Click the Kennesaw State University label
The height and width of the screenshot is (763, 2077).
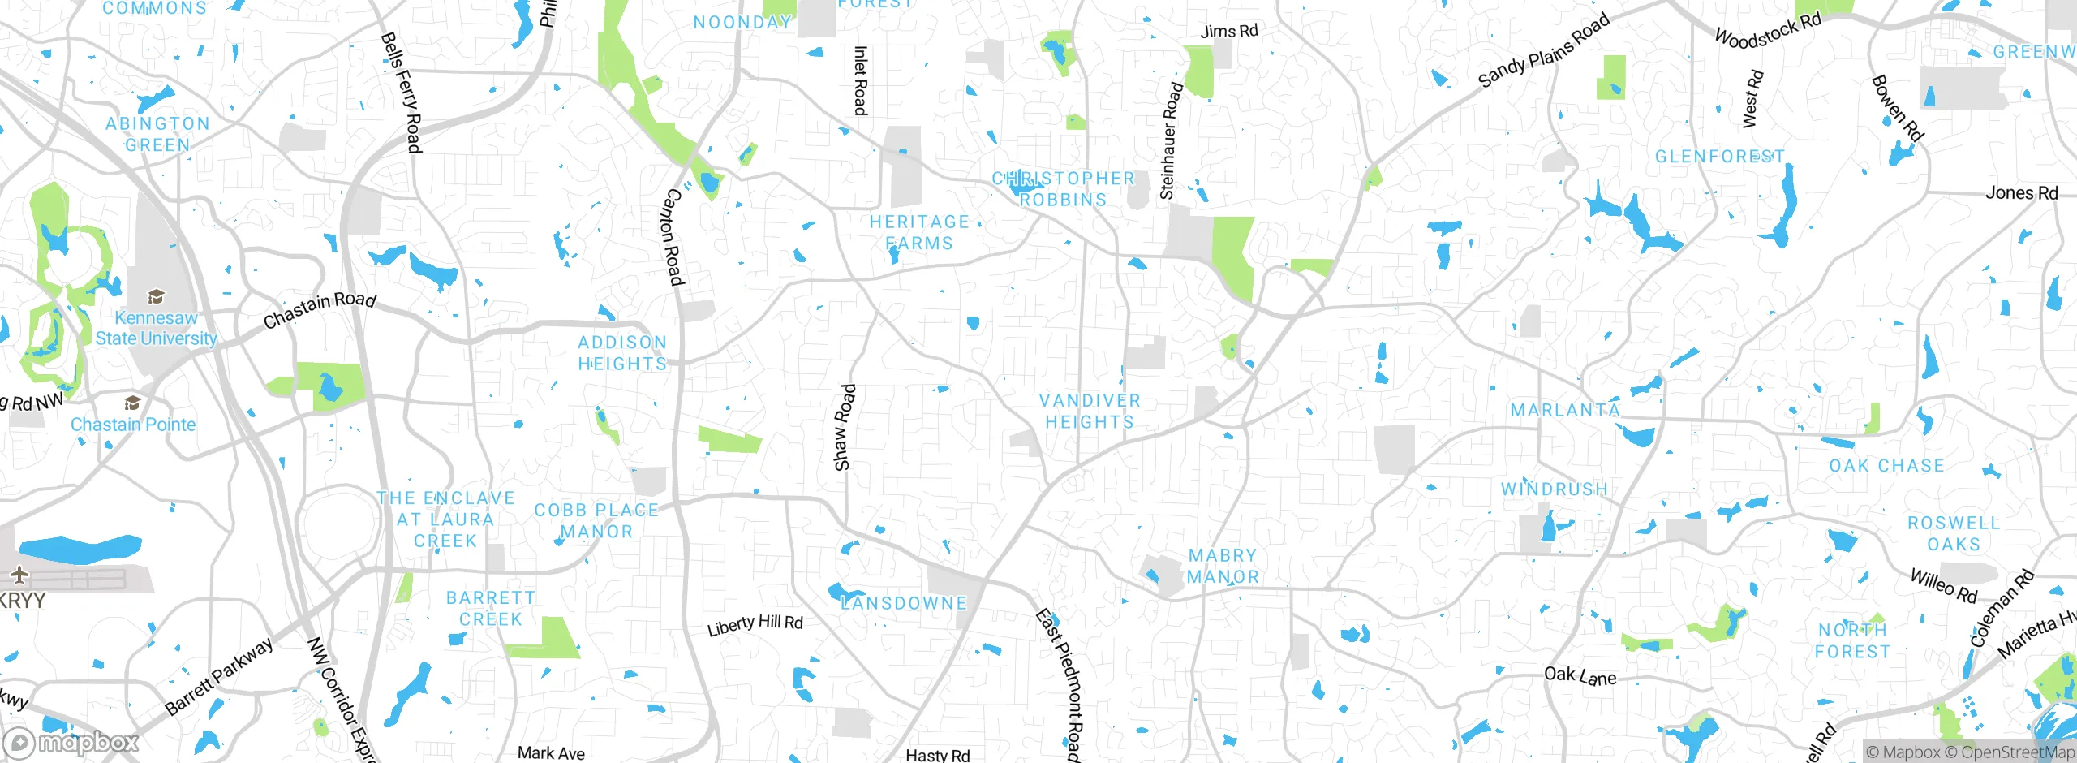coord(156,329)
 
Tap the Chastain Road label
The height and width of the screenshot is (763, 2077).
coord(320,309)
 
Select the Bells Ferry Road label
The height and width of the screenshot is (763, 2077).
coord(402,93)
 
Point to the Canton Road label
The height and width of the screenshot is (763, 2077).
coord(673,236)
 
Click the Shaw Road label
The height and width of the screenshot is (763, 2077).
coord(844,427)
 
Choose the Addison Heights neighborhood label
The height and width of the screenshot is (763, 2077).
coord(622,353)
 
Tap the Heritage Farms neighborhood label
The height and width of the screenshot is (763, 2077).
coord(919,232)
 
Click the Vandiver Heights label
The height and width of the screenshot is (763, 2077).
coord(1090,411)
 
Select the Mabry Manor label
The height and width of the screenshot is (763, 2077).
coord(1223,566)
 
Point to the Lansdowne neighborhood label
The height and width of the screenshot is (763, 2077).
coord(905,603)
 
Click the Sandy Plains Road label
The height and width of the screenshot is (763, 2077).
coord(1543,50)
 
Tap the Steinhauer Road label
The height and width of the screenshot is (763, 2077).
coord(1171,140)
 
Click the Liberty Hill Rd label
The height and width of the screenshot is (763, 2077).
coord(755,625)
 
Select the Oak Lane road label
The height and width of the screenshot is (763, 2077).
coord(1580,675)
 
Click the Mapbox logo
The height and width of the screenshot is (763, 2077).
coord(71,742)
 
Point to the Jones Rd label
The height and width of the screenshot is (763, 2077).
coord(2021,193)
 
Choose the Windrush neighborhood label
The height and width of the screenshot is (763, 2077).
coord(1554,489)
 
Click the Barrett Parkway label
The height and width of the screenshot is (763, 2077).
coord(219,677)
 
